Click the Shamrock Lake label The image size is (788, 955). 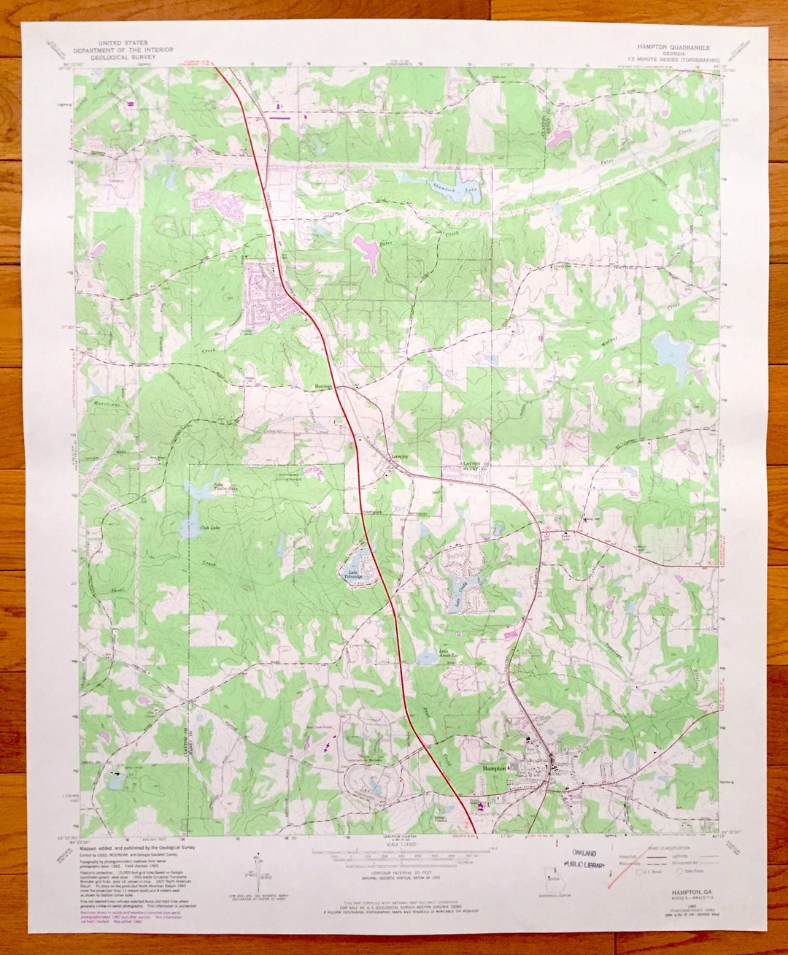(444, 188)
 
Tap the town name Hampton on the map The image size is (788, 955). (495, 769)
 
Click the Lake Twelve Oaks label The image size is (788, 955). (217, 486)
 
